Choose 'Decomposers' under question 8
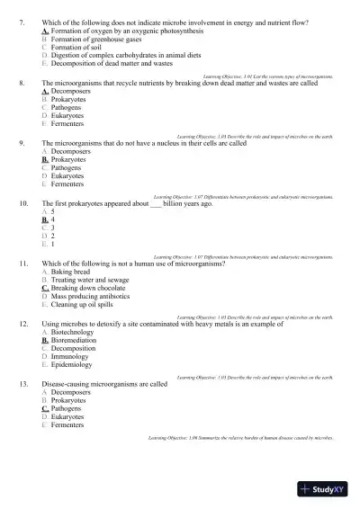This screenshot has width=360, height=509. pyautogui.click(x=69, y=91)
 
